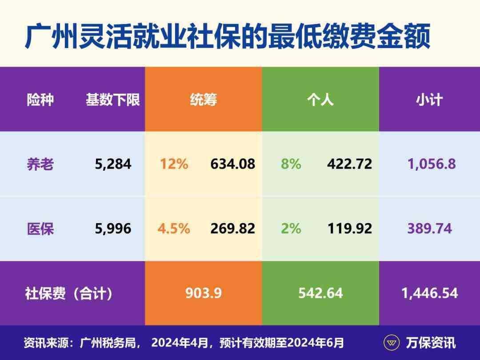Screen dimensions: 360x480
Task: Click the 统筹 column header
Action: tap(203, 100)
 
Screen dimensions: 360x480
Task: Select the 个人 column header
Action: tap(320, 100)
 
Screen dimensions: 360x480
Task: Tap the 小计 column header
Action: tap(429, 100)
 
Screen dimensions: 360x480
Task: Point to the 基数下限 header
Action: tap(113, 100)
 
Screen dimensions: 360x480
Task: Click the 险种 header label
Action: tap(40, 100)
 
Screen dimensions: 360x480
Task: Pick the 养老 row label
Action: tap(40, 164)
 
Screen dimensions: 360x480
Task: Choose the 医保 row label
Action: tap(40, 228)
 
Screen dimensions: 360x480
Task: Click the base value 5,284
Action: tap(113, 164)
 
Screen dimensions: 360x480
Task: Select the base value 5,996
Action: tap(113, 228)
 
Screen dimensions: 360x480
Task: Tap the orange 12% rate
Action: tap(174, 164)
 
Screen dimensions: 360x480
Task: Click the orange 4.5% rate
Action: tap(174, 228)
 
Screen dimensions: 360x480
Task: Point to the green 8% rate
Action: tap(291, 164)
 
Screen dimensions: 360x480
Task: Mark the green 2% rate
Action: tap(291, 228)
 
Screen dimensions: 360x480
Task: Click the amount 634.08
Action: tap(233, 164)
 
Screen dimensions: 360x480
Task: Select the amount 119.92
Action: tap(350, 228)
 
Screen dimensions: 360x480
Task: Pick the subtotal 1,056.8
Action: tap(432, 164)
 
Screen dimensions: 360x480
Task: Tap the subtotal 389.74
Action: tap(429, 228)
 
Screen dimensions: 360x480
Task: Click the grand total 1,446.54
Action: tap(429, 293)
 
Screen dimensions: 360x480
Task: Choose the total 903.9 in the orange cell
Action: tap(204, 293)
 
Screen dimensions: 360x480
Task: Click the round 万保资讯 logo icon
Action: tap(392, 343)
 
